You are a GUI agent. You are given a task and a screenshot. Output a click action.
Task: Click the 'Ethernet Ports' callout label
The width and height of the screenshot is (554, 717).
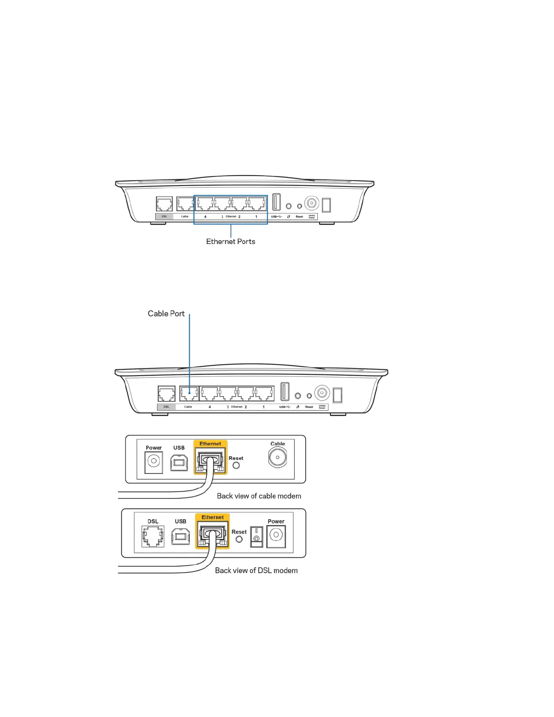pyautogui.click(x=230, y=242)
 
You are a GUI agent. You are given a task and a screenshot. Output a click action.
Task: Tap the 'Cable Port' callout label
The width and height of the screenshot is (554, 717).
pyautogui.click(x=166, y=314)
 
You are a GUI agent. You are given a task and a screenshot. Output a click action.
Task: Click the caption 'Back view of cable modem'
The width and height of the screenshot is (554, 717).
pyautogui.click(x=259, y=496)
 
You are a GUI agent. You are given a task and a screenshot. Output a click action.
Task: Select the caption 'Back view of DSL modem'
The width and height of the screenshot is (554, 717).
pyautogui.click(x=256, y=571)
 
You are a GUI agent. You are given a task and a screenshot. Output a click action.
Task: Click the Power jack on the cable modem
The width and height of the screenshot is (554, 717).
pyautogui.click(x=154, y=462)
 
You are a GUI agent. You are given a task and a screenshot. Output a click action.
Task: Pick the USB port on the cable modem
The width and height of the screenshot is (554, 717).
pyautogui.click(x=179, y=462)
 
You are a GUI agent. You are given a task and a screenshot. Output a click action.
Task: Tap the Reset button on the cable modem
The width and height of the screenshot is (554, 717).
pyautogui.click(x=236, y=465)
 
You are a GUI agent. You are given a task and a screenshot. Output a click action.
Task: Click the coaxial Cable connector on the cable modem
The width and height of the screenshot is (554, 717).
pyautogui.click(x=277, y=458)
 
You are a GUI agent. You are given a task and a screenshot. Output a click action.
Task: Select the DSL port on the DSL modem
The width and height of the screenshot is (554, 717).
pyautogui.click(x=153, y=536)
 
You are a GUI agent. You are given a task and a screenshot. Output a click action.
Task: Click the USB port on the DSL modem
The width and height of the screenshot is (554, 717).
pyautogui.click(x=181, y=537)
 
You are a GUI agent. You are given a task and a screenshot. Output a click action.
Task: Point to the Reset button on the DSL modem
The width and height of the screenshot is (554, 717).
pyautogui.click(x=239, y=539)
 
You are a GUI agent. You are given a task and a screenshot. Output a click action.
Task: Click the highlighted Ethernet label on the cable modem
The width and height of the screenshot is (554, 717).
pyautogui.click(x=210, y=444)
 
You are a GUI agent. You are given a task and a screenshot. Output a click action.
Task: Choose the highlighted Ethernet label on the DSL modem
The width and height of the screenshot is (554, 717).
pyautogui.click(x=213, y=517)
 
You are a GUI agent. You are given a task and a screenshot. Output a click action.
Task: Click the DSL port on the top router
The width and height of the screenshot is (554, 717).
pyautogui.click(x=164, y=204)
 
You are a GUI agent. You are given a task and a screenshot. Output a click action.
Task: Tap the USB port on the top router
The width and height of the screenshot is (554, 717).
pyautogui.click(x=277, y=202)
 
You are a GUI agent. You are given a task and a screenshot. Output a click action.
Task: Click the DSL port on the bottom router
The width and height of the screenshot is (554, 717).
pyautogui.click(x=167, y=394)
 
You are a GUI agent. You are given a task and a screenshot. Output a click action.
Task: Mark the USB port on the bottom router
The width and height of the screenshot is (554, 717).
pyautogui.click(x=285, y=392)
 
